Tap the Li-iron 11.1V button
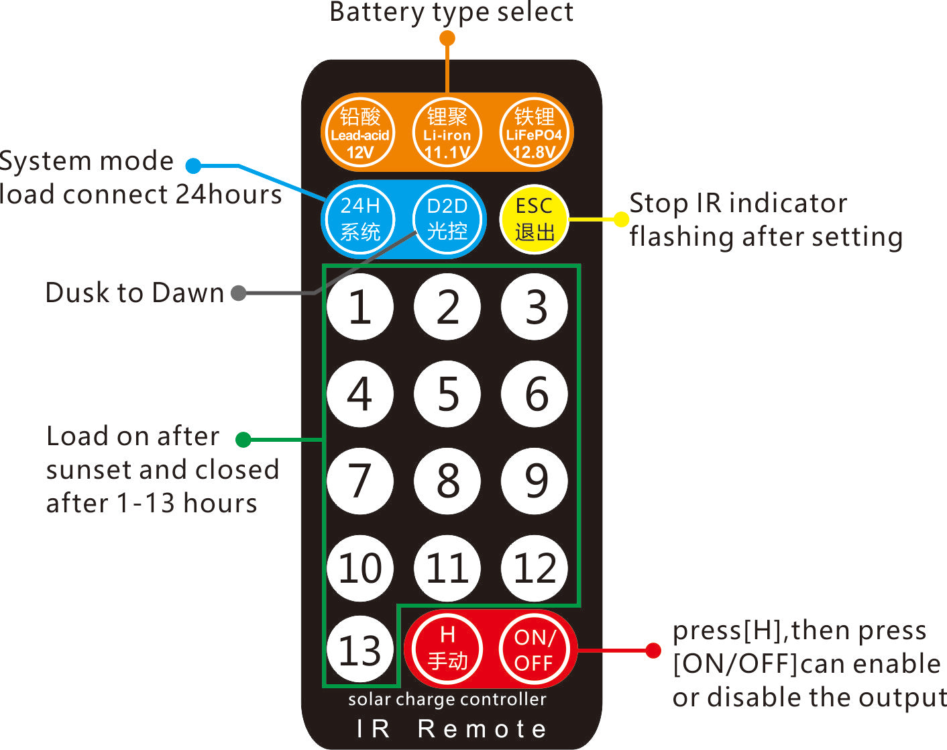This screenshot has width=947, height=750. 447,133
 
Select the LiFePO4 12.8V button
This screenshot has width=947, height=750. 535,133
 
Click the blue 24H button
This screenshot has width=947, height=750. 360,219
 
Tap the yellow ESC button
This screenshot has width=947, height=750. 534,219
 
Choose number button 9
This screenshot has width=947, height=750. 535,481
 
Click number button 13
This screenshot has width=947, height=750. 360,650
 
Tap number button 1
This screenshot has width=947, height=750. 360,307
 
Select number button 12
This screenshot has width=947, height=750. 535,568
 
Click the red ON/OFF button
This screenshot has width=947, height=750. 534,649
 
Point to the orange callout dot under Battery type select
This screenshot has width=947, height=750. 447,38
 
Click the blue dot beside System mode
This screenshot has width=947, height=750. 194,166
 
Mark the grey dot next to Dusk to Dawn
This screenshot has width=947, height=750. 238,293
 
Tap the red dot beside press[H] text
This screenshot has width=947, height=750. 653,650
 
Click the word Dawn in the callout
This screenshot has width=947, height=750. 188,293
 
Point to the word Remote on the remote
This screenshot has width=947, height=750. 482,729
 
